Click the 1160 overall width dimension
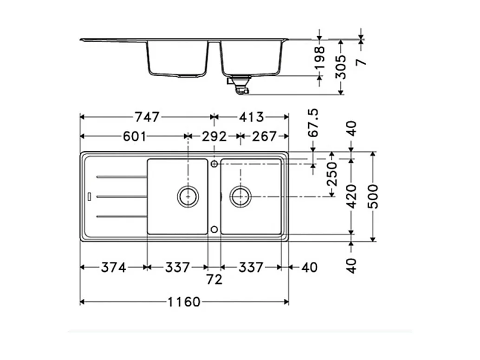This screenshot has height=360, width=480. [x=184, y=302]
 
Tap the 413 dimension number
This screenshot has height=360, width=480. [x=251, y=117]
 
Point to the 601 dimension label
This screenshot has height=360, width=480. [x=134, y=137]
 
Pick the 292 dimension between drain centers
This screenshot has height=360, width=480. [x=214, y=137]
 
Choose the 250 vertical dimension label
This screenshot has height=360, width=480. [x=332, y=174]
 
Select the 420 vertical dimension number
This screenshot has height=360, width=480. [x=352, y=196]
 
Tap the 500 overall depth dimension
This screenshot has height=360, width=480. [x=373, y=196]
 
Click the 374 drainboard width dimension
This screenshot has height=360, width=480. [x=113, y=268]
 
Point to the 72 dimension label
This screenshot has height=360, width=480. [x=214, y=279]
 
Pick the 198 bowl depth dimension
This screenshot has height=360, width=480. [x=320, y=58]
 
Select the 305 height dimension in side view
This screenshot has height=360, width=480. [x=341, y=66]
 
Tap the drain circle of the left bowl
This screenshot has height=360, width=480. [x=188, y=196]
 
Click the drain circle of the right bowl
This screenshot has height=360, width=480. [x=240, y=196]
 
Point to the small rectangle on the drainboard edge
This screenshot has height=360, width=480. [x=90, y=196]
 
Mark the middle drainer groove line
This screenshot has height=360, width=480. [x=122, y=196]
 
